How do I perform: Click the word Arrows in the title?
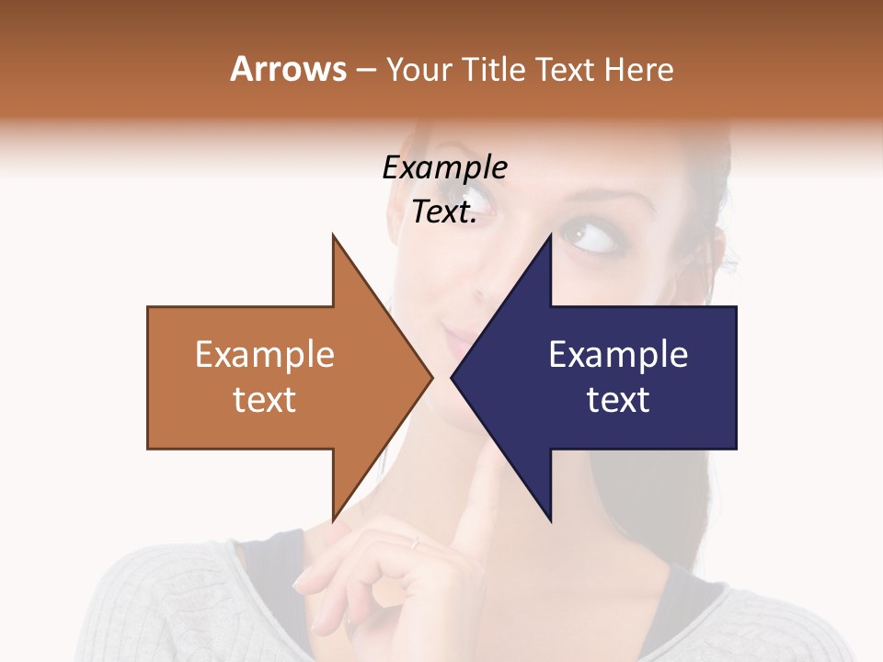click(x=288, y=69)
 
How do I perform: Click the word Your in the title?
click(x=419, y=69)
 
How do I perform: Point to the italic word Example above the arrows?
click(x=444, y=168)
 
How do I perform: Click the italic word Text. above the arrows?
click(x=444, y=212)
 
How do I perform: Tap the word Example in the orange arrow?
click(x=265, y=355)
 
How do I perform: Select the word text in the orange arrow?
click(x=265, y=400)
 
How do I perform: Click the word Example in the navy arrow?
click(x=618, y=355)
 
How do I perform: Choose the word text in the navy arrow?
click(x=618, y=400)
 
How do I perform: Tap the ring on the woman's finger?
click(x=415, y=542)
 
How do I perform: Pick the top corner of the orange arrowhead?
click(x=333, y=235)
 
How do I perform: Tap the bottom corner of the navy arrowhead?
click(x=550, y=520)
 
